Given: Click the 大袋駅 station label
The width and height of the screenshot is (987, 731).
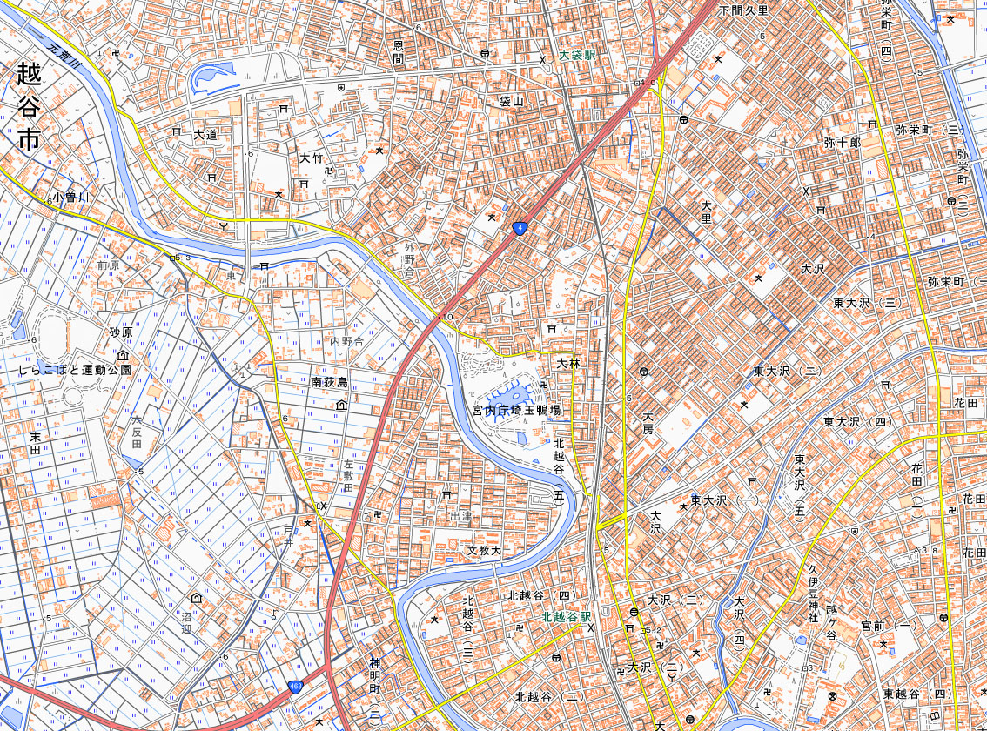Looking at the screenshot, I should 577,54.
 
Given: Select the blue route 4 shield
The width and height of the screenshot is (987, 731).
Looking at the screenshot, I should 520,229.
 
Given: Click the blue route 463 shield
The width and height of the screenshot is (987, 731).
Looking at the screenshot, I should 296,687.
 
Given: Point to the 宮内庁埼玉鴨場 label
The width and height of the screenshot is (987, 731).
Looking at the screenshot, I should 516,409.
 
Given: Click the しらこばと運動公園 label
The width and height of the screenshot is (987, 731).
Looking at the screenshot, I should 75,370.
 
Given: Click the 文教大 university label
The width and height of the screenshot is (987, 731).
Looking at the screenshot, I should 485,551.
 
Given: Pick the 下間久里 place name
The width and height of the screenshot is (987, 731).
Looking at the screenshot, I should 743,10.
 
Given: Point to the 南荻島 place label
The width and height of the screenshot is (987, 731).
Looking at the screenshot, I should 329,383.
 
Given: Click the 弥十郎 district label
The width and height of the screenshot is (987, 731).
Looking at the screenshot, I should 842,141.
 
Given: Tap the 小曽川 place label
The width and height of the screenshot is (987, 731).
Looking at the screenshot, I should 70,198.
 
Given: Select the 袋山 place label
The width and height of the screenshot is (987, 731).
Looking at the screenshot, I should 511,102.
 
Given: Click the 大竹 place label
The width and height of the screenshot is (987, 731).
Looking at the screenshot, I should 311,158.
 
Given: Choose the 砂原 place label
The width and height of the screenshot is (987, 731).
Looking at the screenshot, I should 120,333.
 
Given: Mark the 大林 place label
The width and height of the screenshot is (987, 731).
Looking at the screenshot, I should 567,363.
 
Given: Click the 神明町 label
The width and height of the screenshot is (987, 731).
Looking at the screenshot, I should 375,679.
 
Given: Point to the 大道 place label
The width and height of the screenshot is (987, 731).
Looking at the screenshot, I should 205,135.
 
